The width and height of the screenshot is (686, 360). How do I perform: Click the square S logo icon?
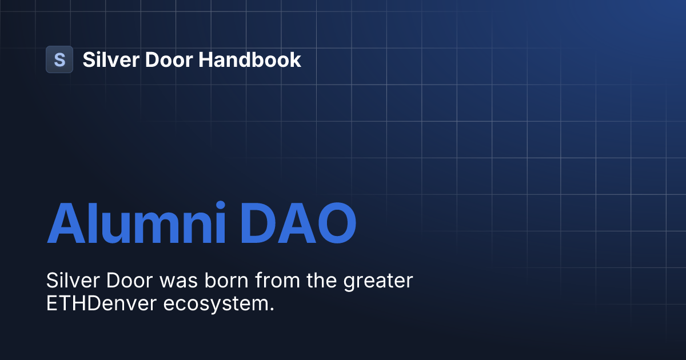coord(59,59)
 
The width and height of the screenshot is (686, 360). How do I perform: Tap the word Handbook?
coord(250,59)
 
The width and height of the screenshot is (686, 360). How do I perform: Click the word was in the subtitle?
coord(180,281)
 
